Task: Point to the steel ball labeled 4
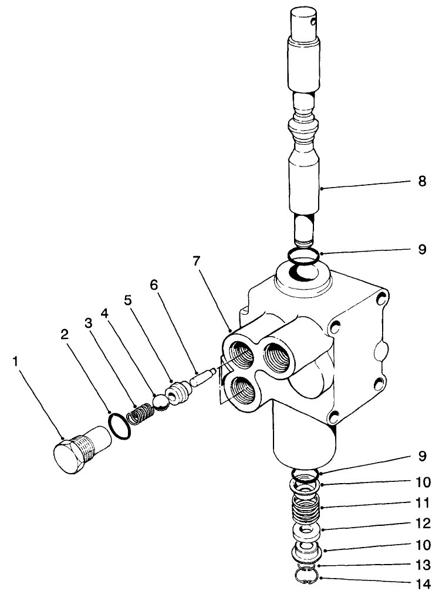point(158,403)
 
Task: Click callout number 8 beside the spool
point(421,182)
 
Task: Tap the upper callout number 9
point(421,250)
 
